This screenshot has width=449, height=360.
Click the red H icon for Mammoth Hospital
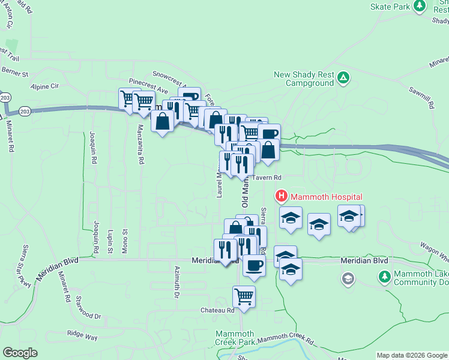tap(281, 196)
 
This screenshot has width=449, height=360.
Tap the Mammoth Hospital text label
tap(327, 196)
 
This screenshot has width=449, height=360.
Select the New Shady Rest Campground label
tap(304, 79)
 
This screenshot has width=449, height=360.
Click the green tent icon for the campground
tap(343, 77)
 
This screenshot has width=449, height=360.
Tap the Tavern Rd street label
tap(267, 178)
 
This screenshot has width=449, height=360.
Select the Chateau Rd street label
tap(218, 310)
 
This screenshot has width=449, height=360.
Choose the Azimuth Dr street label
tap(177, 283)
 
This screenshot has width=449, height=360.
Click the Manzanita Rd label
tap(140, 145)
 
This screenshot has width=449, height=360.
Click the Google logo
tap(20, 353)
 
